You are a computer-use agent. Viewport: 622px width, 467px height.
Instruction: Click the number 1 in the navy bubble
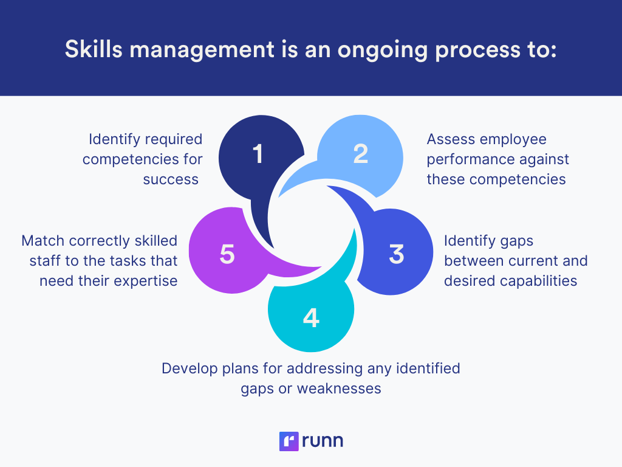coord(258,154)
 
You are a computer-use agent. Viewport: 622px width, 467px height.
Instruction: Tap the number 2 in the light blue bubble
coord(361,154)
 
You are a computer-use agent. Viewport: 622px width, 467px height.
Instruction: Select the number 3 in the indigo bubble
coord(397,254)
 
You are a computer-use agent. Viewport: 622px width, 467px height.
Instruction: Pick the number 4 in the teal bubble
coord(311,318)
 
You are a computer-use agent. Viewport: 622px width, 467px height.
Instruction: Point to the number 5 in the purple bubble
coord(227,254)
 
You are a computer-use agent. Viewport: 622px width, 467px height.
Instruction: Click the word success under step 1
coord(171,179)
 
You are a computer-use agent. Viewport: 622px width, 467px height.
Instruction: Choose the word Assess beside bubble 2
coord(451,139)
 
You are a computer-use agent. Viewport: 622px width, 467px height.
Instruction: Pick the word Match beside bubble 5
coord(41,241)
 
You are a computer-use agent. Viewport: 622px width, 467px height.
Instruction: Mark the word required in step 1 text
coord(173,139)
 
